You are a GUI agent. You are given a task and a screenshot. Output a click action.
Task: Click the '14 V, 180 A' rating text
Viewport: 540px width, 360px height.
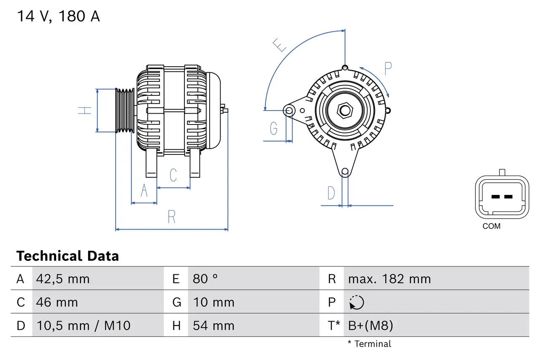click(58, 16)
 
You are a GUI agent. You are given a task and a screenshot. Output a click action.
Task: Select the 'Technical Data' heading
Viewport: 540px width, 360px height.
click(67, 256)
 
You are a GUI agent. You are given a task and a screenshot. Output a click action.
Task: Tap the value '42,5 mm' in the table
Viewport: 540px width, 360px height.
click(63, 279)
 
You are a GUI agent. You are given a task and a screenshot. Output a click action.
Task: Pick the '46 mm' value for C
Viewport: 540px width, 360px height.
click(57, 302)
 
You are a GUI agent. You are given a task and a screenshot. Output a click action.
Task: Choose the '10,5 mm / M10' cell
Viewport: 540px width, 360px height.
click(83, 325)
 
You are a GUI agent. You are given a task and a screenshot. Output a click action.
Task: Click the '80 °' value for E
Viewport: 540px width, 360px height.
click(205, 279)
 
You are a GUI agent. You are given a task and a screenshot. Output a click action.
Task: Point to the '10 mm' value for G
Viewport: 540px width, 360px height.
click(213, 302)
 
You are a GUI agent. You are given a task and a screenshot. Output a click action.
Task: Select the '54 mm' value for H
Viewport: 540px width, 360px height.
click(213, 325)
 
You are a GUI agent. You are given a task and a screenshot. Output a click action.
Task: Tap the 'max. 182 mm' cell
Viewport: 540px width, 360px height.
click(389, 279)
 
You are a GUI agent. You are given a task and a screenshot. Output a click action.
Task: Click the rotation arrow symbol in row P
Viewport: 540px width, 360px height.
click(356, 302)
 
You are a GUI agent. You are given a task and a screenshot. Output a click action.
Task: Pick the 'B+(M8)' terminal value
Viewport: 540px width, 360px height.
click(370, 325)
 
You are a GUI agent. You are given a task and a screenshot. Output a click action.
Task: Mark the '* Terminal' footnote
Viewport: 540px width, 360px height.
click(370, 344)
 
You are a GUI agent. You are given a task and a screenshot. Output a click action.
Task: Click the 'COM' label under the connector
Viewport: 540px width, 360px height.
click(491, 226)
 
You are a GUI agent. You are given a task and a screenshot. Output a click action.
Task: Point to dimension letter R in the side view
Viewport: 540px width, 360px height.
click(171, 217)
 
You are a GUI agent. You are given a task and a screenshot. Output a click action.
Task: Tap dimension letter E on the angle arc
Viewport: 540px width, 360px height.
click(280, 44)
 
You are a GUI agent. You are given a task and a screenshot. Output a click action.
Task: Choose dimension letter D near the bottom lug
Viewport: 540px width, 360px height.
click(332, 193)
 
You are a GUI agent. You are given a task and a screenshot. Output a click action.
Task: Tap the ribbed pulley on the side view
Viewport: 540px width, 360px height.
click(124, 111)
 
